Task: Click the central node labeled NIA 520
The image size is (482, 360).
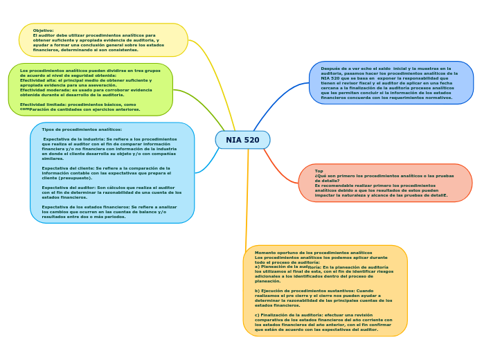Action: [242, 140]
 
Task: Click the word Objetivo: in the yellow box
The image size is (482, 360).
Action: [43, 30]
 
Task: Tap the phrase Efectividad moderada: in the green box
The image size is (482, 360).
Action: [42, 90]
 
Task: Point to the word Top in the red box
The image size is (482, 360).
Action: [319, 171]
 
